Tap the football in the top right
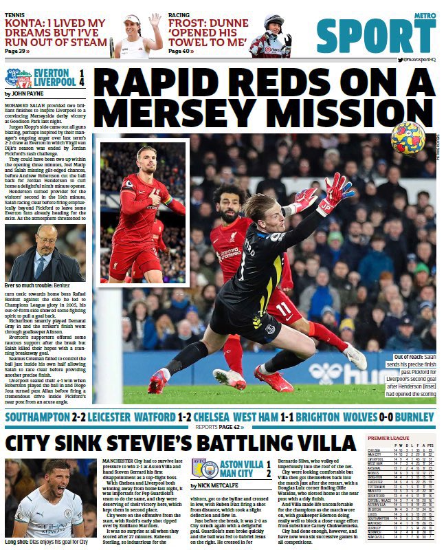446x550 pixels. (408, 137)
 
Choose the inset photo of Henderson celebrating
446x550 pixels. (143, 213)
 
